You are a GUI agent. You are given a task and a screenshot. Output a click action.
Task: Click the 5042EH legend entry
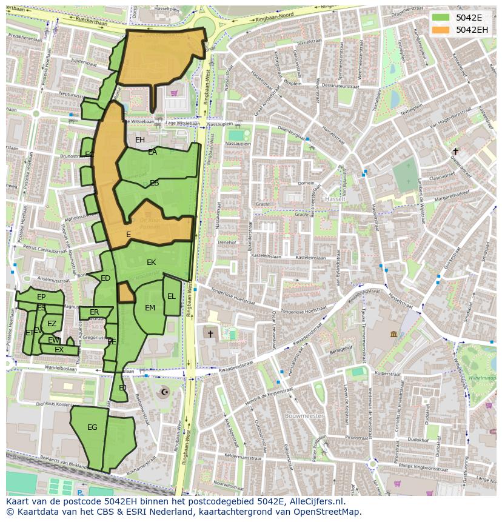coord(472,29)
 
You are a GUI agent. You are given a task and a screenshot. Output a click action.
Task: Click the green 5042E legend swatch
coord(441,18)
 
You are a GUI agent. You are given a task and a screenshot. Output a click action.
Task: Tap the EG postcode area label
coord(92,427)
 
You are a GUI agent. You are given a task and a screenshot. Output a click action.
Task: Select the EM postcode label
coord(150,308)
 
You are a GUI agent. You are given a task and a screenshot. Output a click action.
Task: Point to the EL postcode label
coord(172,296)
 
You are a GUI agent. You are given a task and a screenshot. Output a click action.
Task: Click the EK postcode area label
coord(152,263)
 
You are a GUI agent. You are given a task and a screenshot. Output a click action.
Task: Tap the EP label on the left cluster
coord(41,297)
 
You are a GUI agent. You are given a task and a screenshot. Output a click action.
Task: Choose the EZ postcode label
coord(52,324)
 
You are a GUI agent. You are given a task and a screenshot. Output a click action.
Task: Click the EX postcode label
coord(59,350)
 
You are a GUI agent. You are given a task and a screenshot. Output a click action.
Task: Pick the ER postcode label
coord(94,312)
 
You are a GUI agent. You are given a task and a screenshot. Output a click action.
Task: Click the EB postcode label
coord(155,182)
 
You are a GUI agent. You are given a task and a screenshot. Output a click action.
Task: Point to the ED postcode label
coord(105,278)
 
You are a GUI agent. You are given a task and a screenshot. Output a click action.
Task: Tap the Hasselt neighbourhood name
coord(334,199)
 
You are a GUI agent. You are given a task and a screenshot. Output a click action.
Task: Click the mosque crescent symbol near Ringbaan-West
coord(163,392)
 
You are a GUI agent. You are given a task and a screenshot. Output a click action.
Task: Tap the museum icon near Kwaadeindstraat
coord(393,334)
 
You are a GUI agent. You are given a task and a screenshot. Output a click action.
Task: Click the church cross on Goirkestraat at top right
coord(455,151)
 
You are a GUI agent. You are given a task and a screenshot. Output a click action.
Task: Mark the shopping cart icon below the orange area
coord(175,93)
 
